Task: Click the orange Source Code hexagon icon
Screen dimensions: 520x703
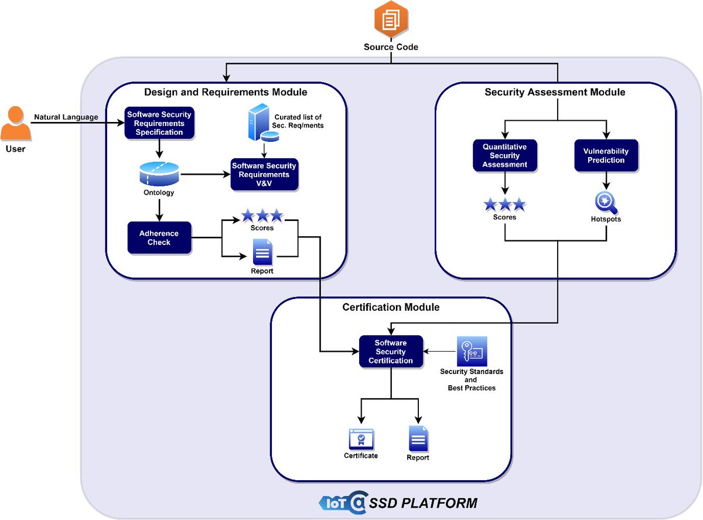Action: click(391, 20)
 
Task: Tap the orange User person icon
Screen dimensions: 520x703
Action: click(16, 123)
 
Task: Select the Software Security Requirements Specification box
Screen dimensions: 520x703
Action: click(158, 123)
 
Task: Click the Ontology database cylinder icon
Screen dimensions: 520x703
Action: click(159, 174)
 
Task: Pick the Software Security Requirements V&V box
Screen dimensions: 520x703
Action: click(264, 175)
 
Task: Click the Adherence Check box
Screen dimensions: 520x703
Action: click(159, 237)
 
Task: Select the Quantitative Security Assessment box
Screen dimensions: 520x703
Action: click(505, 155)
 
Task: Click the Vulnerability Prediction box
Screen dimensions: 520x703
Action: click(606, 155)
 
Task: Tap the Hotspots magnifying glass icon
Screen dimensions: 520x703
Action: click(606, 203)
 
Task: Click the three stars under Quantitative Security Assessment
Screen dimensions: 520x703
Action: click(504, 205)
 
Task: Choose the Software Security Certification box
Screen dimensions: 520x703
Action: click(391, 352)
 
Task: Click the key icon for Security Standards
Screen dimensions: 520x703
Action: click(472, 352)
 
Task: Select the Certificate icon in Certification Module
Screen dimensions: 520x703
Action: click(361, 439)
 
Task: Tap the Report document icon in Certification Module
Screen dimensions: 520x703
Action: click(418, 439)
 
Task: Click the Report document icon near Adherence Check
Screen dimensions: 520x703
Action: click(262, 253)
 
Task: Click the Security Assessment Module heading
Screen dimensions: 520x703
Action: click(555, 92)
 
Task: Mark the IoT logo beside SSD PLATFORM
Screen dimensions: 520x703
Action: click(343, 502)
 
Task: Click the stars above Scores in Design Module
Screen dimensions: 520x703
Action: click(262, 215)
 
